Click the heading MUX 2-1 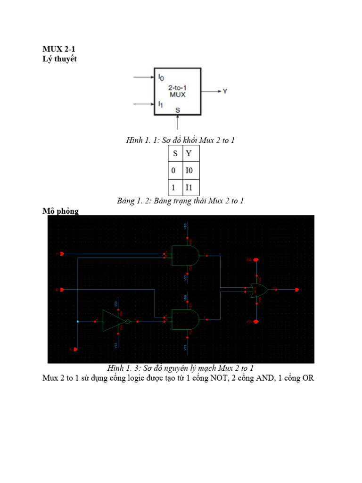click(x=59, y=50)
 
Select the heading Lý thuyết click(x=59, y=58)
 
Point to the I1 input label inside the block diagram click(x=161, y=103)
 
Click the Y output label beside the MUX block click(x=225, y=92)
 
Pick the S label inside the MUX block click(x=178, y=110)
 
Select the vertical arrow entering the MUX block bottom click(x=178, y=123)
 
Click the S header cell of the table click(x=173, y=154)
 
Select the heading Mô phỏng click(x=60, y=211)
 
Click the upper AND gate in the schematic click(x=186, y=256)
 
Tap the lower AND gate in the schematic click(x=186, y=319)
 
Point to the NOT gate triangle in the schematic click(x=109, y=321)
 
